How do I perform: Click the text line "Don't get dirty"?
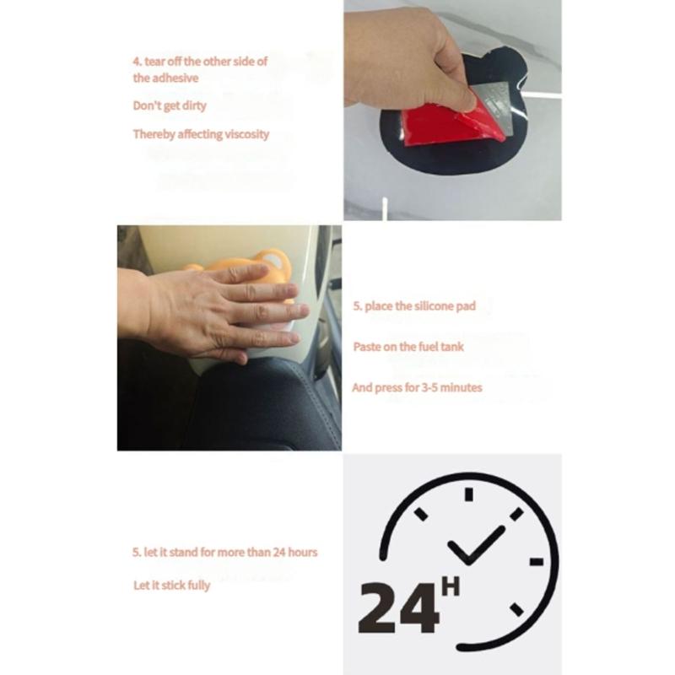(x=170, y=106)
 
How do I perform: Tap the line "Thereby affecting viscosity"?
(x=201, y=134)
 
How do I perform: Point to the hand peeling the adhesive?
(x=405, y=55)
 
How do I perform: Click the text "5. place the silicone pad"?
(x=413, y=306)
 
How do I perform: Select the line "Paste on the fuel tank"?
(x=408, y=347)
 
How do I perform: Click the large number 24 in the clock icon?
(x=398, y=605)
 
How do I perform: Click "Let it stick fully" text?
(x=171, y=585)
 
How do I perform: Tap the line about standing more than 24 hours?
(x=224, y=553)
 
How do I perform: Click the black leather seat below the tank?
(x=262, y=405)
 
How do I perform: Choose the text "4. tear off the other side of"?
(x=200, y=62)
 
